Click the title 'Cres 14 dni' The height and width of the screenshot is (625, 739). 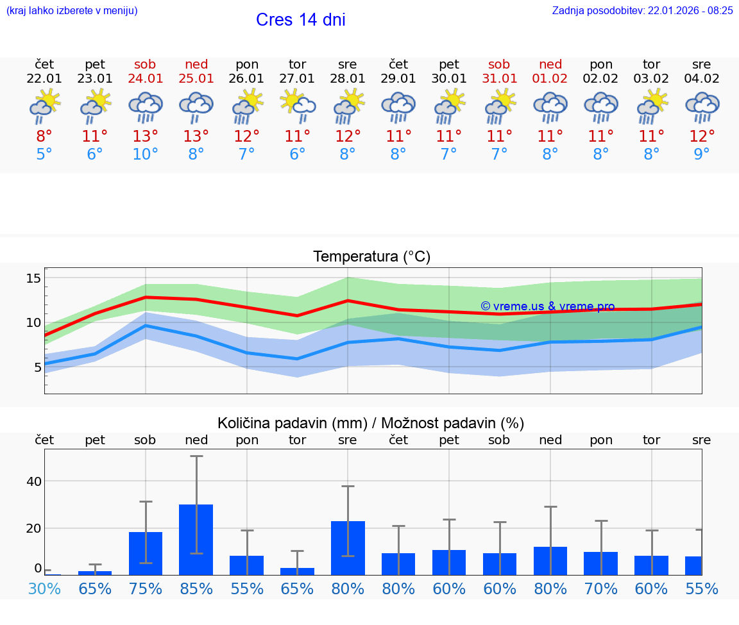click(x=300, y=20)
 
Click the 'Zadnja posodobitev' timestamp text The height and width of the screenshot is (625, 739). click(x=642, y=11)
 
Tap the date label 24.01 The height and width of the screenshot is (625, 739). click(x=145, y=79)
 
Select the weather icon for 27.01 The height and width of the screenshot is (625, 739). click(x=297, y=106)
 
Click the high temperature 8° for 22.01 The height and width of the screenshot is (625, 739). click(x=44, y=137)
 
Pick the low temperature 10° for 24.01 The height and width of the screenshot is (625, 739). click(x=145, y=154)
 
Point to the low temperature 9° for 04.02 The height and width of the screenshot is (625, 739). click(x=702, y=154)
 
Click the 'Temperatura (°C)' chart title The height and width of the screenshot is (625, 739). click(x=371, y=257)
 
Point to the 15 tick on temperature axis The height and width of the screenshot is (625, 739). click(x=33, y=278)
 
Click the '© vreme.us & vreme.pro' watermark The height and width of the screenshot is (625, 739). click(x=547, y=306)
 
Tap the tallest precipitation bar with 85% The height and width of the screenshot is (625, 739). click(x=196, y=540)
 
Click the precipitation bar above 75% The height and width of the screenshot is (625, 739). click(x=146, y=553)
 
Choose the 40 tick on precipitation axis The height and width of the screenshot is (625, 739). click(x=33, y=481)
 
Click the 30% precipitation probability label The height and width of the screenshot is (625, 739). click(x=44, y=588)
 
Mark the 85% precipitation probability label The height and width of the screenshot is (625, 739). click(x=196, y=588)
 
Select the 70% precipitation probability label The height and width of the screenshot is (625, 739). click(x=601, y=588)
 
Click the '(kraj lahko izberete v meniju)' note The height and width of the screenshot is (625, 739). click(x=72, y=11)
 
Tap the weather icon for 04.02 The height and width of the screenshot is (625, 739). click(x=702, y=106)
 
